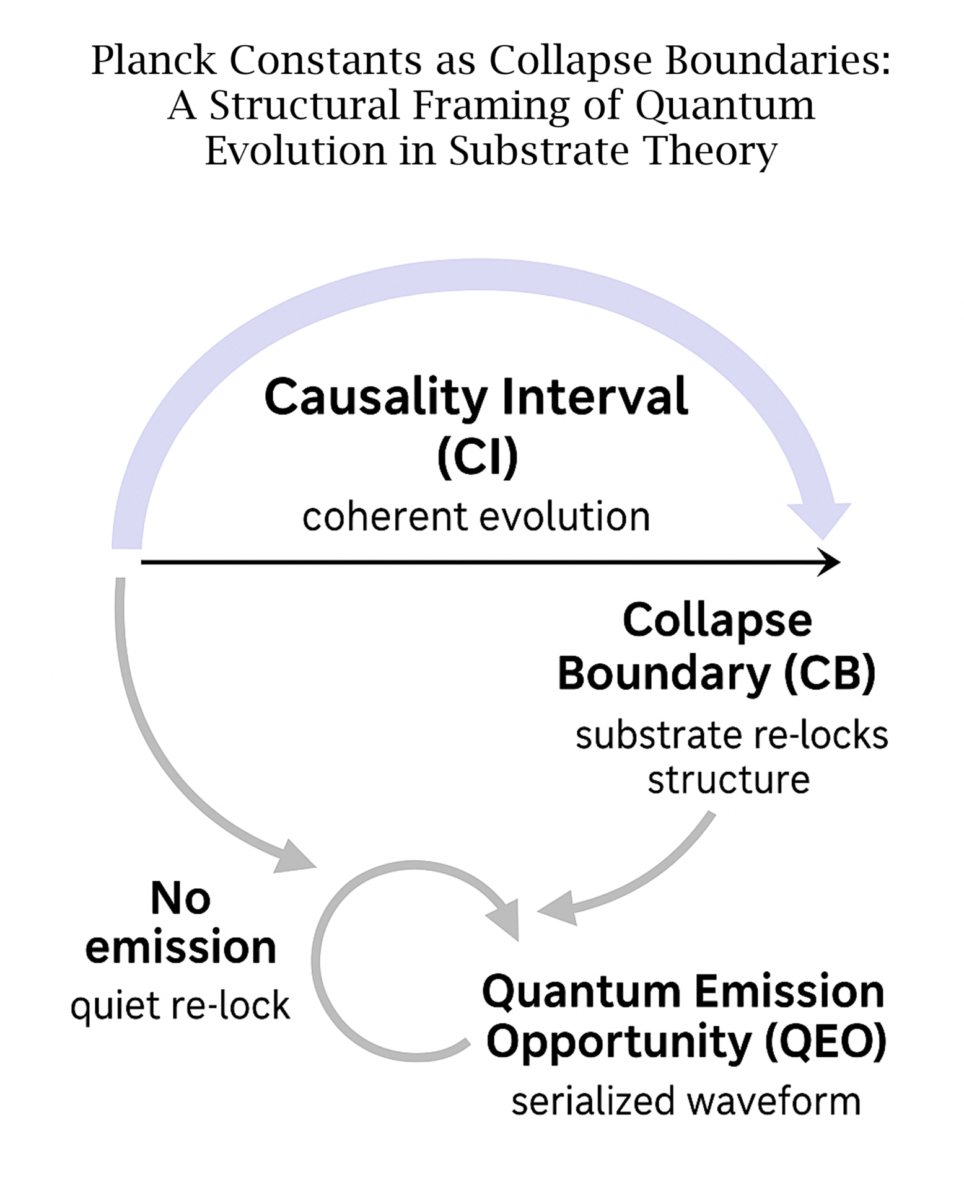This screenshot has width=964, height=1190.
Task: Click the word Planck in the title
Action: point(154,61)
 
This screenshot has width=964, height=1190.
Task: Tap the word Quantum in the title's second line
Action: point(725,105)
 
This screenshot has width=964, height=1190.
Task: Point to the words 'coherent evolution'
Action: point(476,516)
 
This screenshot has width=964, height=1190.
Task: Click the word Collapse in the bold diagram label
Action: point(717,621)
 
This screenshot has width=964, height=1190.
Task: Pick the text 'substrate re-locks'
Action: point(731,736)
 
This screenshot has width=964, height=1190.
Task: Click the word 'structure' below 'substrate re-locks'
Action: point(729,780)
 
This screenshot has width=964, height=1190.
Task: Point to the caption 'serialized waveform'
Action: point(686,1102)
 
